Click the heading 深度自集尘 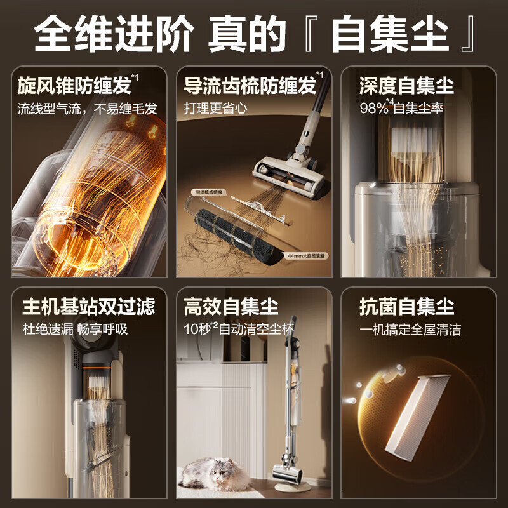(398, 85)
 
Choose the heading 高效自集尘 (231, 307)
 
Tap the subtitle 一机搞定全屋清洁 (410, 330)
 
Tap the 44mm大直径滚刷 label (305, 255)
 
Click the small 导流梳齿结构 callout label (205, 190)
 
